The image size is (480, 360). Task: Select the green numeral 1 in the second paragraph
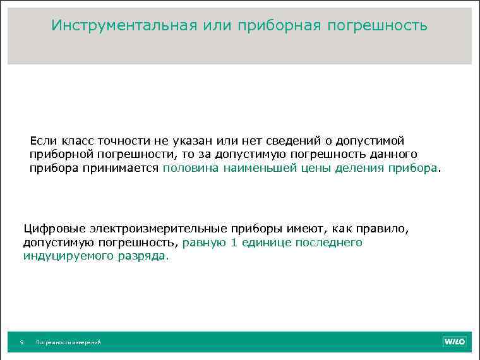click(x=234, y=243)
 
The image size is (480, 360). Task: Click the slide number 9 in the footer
click(x=22, y=342)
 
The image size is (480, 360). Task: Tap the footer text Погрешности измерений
click(x=68, y=342)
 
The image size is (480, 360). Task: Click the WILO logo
click(x=453, y=342)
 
